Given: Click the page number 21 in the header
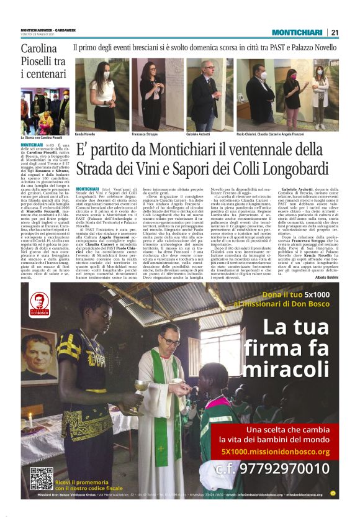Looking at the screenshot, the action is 335,32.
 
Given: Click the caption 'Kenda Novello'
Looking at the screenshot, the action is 86,134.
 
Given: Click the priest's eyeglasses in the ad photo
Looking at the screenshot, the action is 171,342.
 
